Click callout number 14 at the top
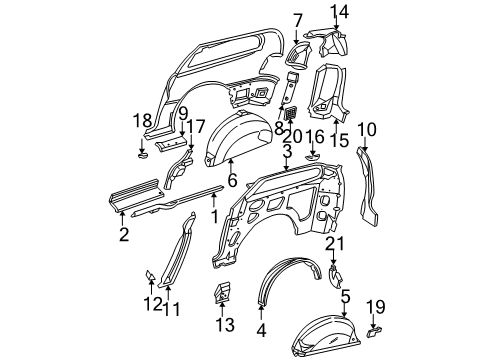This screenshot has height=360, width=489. (x=340, y=11)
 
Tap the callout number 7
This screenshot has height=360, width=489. (x=297, y=19)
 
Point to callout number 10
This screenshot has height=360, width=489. (x=366, y=128)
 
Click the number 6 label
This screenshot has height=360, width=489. (x=232, y=181)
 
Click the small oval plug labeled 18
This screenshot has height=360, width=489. (x=142, y=155)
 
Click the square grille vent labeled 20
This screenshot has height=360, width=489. (x=289, y=116)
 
